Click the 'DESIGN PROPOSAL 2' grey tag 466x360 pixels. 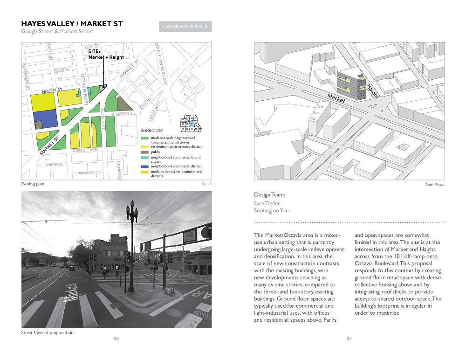point(185,27)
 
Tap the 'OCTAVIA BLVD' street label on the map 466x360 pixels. point(84,89)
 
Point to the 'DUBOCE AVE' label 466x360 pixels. point(85,150)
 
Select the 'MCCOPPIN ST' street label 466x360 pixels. point(123,113)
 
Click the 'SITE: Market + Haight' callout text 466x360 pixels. point(106,54)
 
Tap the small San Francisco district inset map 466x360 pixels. point(192,123)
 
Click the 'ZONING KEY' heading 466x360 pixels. point(151,131)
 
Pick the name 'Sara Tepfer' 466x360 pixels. point(267,203)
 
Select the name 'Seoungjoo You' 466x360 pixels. point(271,210)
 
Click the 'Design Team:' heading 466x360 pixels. point(269,194)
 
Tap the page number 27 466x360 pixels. point(349,339)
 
